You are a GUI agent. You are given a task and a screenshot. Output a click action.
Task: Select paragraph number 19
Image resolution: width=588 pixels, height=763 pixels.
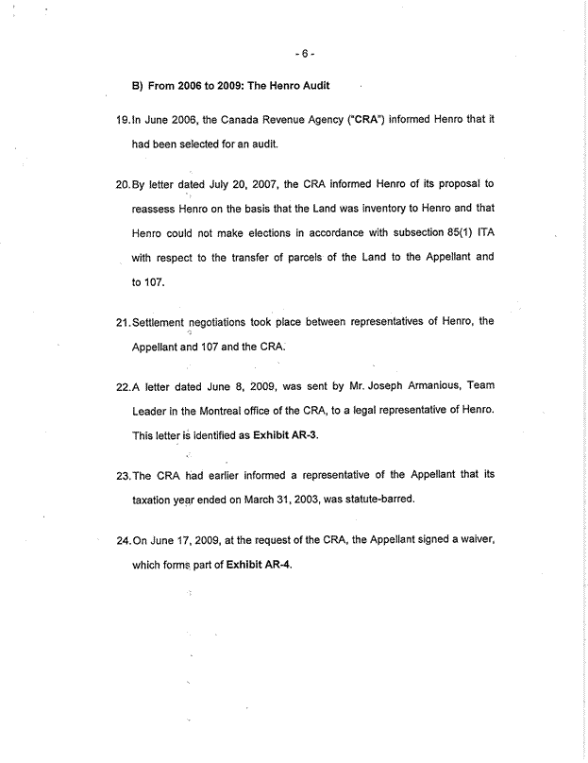click(x=122, y=120)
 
